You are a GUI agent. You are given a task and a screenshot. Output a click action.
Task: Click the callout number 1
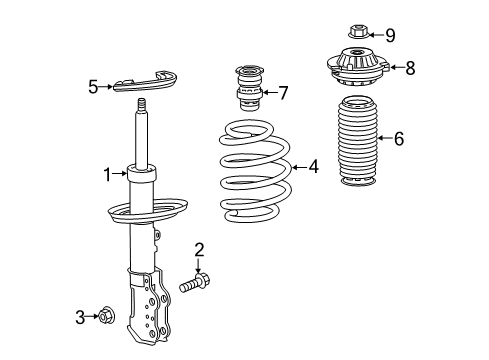(106, 176)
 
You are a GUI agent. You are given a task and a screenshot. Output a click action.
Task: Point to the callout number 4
(313, 167)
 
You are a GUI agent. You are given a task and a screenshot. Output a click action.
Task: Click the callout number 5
(94, 87)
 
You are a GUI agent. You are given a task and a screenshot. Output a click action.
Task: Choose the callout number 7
(283, 93)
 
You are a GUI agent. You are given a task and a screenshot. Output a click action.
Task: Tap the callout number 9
(389, 36)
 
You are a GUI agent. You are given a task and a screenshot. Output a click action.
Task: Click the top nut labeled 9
(356, 35)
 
